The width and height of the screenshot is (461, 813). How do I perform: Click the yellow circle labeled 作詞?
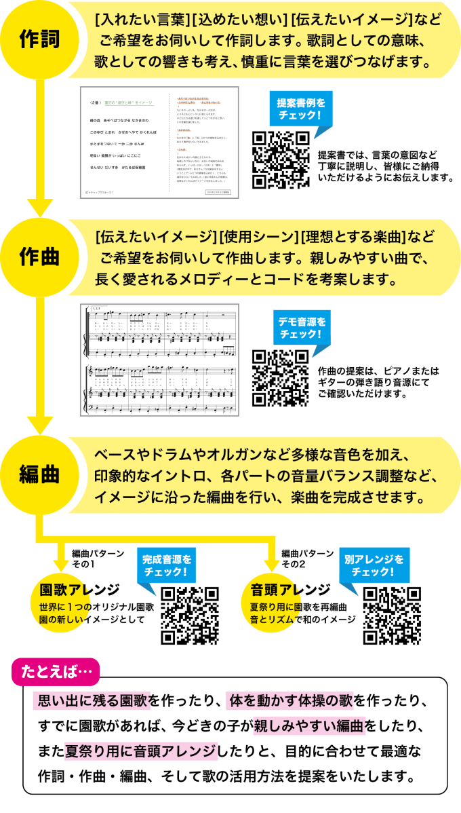39,39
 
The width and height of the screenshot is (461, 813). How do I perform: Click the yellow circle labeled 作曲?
39,257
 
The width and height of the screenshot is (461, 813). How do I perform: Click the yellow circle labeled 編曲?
39,474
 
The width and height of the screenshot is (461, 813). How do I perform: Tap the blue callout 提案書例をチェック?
301,109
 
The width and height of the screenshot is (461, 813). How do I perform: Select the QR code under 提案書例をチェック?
281,160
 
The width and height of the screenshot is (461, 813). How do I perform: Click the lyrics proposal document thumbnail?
159,143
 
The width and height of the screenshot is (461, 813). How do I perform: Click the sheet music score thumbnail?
159,360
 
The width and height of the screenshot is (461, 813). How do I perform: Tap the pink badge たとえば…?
56,672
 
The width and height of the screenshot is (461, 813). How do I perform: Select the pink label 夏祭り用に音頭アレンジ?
140,751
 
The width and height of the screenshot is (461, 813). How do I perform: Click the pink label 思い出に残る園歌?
92,700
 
